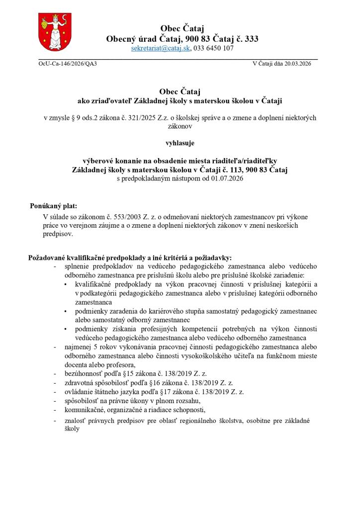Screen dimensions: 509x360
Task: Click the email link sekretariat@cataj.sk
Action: [161, 49]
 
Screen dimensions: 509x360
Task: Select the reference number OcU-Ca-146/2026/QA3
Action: [68, 64]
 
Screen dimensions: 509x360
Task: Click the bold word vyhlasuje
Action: [180, 144]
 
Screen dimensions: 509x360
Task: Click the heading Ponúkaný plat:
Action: [53, 205]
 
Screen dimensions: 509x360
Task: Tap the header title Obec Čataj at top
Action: [182, 28]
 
